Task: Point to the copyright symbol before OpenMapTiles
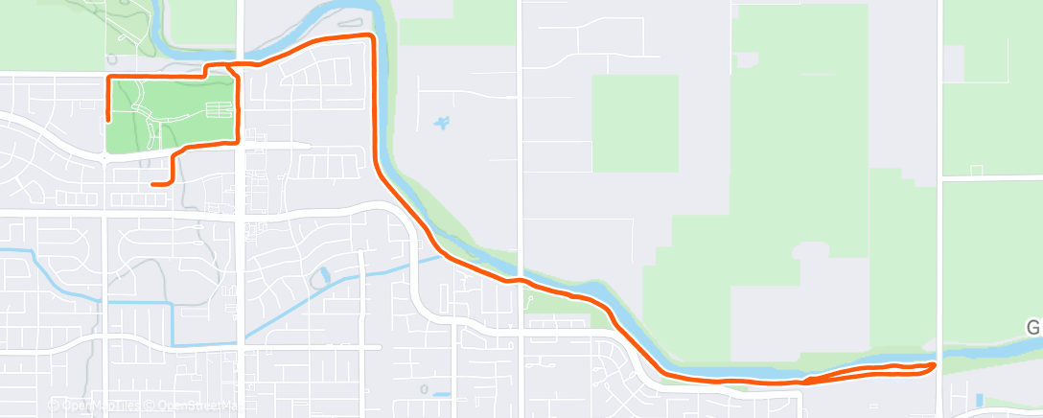(x=55, y=406)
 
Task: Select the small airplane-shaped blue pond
(x=442, y=123)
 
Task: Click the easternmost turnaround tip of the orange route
(x=935, y=365)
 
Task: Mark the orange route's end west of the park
(x=107, y=121)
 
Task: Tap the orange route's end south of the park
(x=152, y=183)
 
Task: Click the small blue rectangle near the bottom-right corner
(x=978, y=398)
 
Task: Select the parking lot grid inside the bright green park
(x=220, y=110)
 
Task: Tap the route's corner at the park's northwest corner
(x=107, y=76)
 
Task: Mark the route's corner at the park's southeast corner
(x=236, y=143)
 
